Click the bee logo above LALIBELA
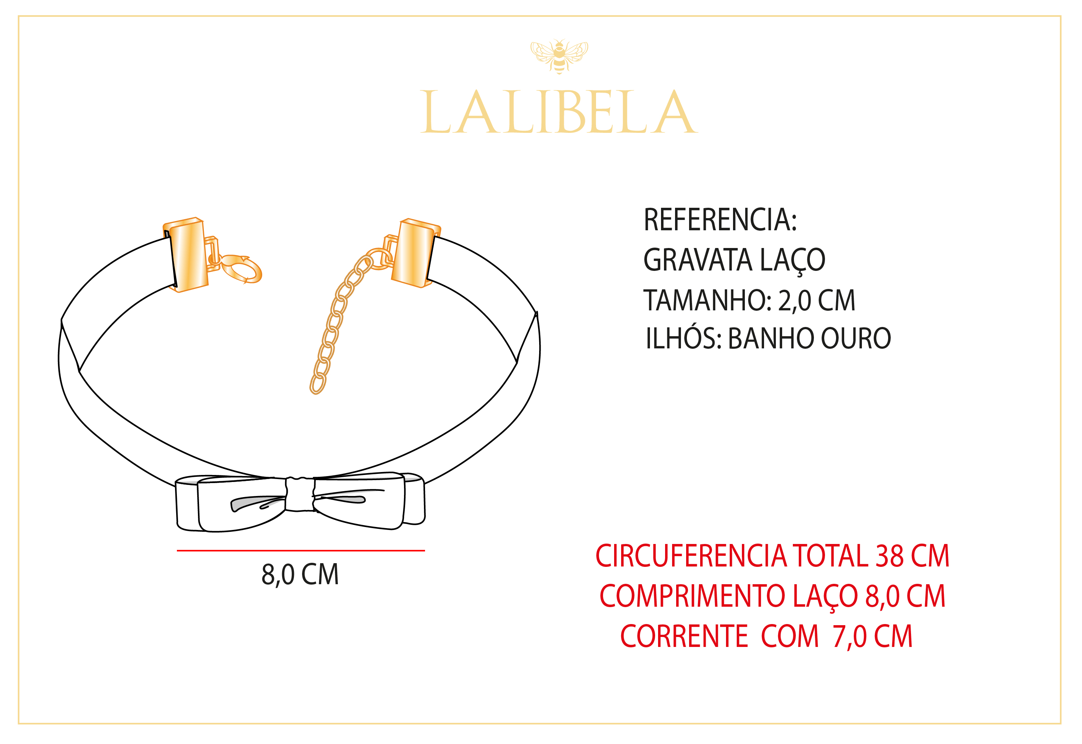tap(559, 56)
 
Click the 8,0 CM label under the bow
tap(300, 574)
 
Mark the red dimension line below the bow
tap(301, 551)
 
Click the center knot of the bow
tap(300, 494)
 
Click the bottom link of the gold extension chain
tap(318, 385)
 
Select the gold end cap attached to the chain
tap(414, 254)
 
